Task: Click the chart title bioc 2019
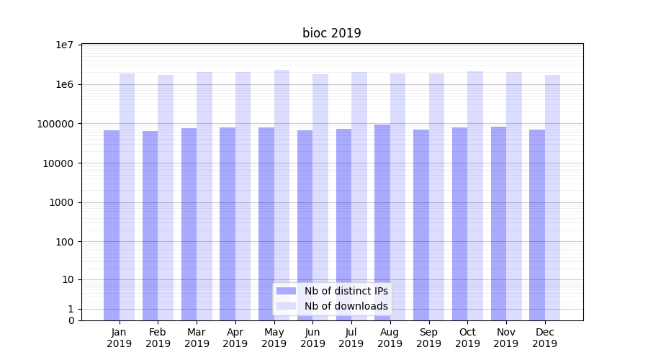tap(331, 33)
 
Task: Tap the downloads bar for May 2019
tap(282, 194)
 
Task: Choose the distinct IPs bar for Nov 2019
tap(498, 223)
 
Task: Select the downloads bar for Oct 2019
tap(475, 195)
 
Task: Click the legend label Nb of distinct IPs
tap(346, 291)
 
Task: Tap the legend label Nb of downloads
tap(346, 306)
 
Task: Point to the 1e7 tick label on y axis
tap(65, 45)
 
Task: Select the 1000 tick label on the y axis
tap(63, 202)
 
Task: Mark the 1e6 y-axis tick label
tap(65, 84)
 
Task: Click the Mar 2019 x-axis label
tap(197, 338)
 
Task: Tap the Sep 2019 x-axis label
tap(428, 338)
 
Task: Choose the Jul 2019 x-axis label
tap(351, 338)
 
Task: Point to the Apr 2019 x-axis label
tap(235, 338)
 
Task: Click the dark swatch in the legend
tap(287, 291)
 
